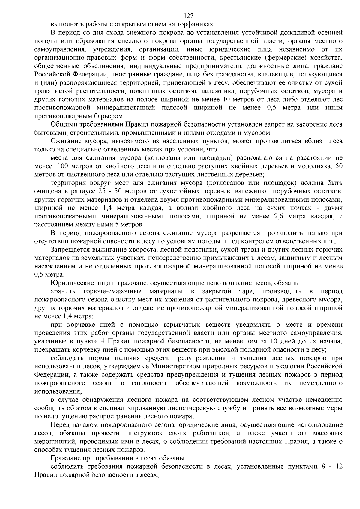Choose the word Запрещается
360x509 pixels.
70,250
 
